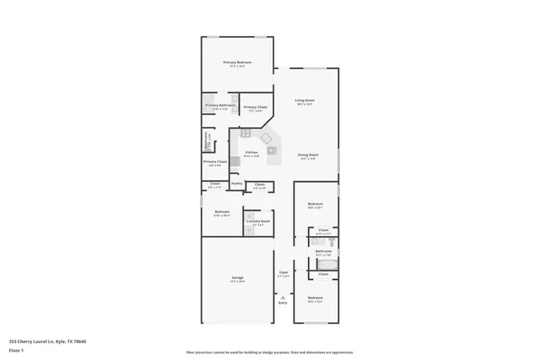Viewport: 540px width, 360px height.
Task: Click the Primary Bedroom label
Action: (x=237, y=63)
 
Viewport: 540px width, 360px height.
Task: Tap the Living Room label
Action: (x=305, y=101)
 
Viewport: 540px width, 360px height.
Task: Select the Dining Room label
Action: (x=308, y=154)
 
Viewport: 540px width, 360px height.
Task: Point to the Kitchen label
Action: (x=251, y=153)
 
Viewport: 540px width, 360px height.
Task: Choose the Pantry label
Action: (x=236, y=183)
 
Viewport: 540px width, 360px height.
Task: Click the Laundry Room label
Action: (x=258, y=221)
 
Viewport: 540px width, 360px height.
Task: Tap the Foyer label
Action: (x=283, y=272)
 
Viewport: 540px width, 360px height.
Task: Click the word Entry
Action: (x=283, y=303)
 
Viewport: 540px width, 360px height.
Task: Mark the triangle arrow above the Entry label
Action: (x=283, y=297)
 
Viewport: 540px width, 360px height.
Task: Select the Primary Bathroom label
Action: (x=219, y=105)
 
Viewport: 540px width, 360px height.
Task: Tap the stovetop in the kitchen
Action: (x=246, y=132)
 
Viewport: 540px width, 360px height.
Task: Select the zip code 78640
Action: (x=80, y=341)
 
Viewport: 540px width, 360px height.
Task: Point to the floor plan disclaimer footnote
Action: (x=269, y=352)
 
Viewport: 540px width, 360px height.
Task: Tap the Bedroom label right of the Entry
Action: (x=315, y=298)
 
